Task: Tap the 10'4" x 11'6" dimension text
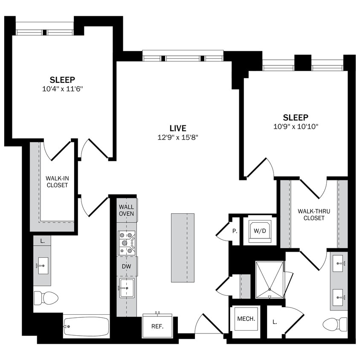click(x=62, y=89)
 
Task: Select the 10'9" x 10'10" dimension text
click(x=295, y=127)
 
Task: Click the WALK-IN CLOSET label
click(x=57, y=181)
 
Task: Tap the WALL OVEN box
click(x=127, y=210)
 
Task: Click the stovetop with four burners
click(x=127, y=243)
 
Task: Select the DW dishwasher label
click(x=127, y=266)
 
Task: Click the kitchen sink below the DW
click(x=127, y=288)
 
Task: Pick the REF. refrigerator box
click(x=157, y=326)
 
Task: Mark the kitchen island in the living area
click(x=183, y=247)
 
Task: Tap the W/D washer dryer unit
click(x=260, y=231)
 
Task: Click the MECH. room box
click(x=246, y=319)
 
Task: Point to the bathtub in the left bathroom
click(x=87, y=327)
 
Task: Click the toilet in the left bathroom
click(x=46, y=298)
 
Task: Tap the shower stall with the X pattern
click(x=269, y=280)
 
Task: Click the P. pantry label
click(x=234, y=231)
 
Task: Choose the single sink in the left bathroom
click(x=42, y=266)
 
